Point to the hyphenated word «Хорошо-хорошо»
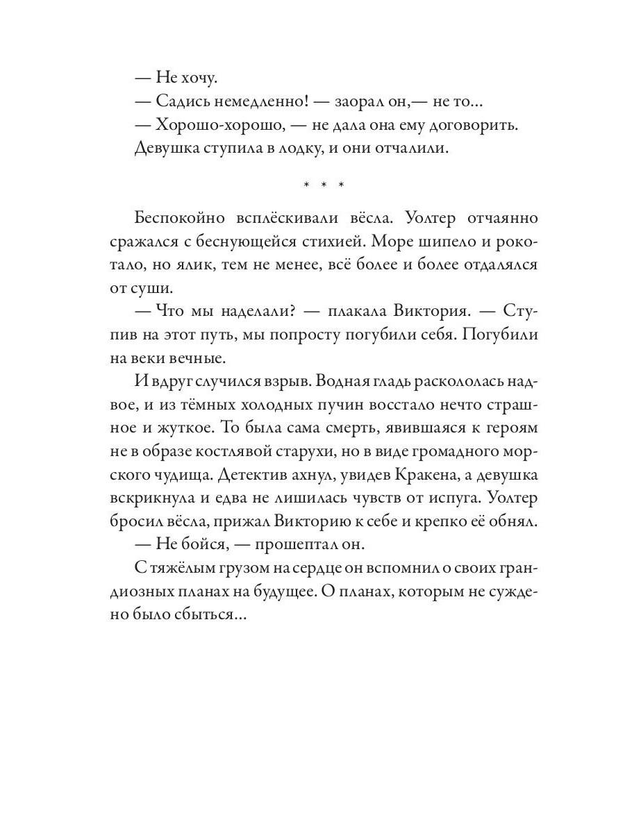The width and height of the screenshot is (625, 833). tap(215, 126)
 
